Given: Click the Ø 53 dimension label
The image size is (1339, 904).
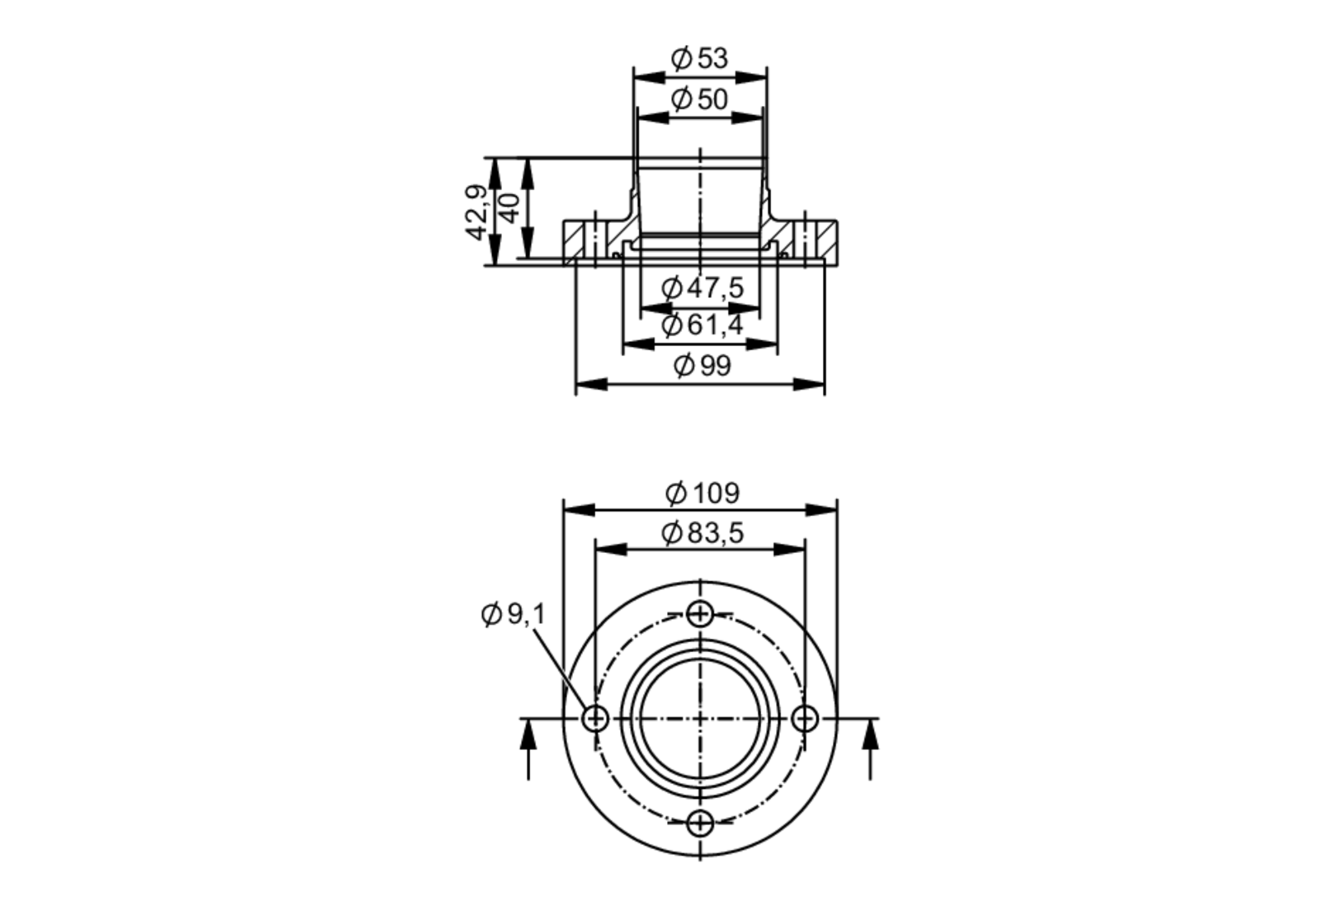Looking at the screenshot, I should click(x=700, y=59).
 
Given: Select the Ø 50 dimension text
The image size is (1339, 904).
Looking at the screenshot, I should click(x=700, y=100).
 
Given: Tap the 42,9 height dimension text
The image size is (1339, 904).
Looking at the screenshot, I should click(x=476, y=212).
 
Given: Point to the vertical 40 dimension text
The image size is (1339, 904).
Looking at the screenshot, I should click(x=510, y=208).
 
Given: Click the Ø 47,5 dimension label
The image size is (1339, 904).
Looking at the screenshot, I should click(x=702, y=289).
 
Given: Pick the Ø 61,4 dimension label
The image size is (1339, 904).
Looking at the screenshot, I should click(x=702, y=326).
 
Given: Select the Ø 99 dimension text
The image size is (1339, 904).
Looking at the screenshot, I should click(x=702, y=366).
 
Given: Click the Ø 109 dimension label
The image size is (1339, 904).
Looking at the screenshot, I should click(x=702, y=494).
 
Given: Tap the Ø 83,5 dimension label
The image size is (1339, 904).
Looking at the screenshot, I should click(x=702, y=534).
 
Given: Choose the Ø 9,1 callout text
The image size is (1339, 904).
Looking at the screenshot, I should click(x=514, y=614).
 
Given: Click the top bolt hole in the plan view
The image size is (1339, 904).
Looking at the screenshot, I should click(x=700, y=613).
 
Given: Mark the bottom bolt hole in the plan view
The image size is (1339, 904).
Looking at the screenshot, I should click(x=700, y=824).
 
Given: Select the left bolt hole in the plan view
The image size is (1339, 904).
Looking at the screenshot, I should click(x=595, y=719).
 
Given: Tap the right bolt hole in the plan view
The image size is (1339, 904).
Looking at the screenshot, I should click(x=805, y=719).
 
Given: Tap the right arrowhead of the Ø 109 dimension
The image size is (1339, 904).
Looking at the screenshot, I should click(x=822, y=510).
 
